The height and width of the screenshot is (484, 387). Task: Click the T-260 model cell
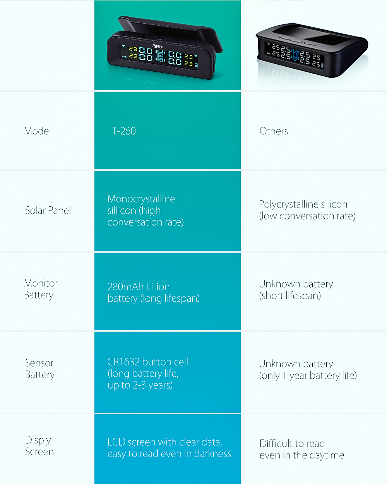pos(124,131)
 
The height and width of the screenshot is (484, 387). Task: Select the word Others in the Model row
pos(274,131)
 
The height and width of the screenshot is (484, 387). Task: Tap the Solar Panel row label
pos(48,211)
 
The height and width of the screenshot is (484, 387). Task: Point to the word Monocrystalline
pos(141,199)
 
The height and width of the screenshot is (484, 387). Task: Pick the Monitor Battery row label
pos(41,289)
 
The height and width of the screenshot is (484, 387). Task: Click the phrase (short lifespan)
pos(290,296)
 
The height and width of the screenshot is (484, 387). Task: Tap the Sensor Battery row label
pos(39,369)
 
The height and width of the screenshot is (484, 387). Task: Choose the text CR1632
pos(123,362)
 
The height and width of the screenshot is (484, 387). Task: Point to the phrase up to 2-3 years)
pos(140,385)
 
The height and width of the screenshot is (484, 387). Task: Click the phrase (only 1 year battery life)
pos(308,376)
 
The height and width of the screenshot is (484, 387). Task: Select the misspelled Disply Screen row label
pos(39,446)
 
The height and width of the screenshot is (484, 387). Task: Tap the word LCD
pos(116,442)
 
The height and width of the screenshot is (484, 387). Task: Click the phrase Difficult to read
pos(292,444)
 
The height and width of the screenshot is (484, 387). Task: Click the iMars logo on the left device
pos(158,46)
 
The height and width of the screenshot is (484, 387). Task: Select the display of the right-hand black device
pos(294,55)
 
